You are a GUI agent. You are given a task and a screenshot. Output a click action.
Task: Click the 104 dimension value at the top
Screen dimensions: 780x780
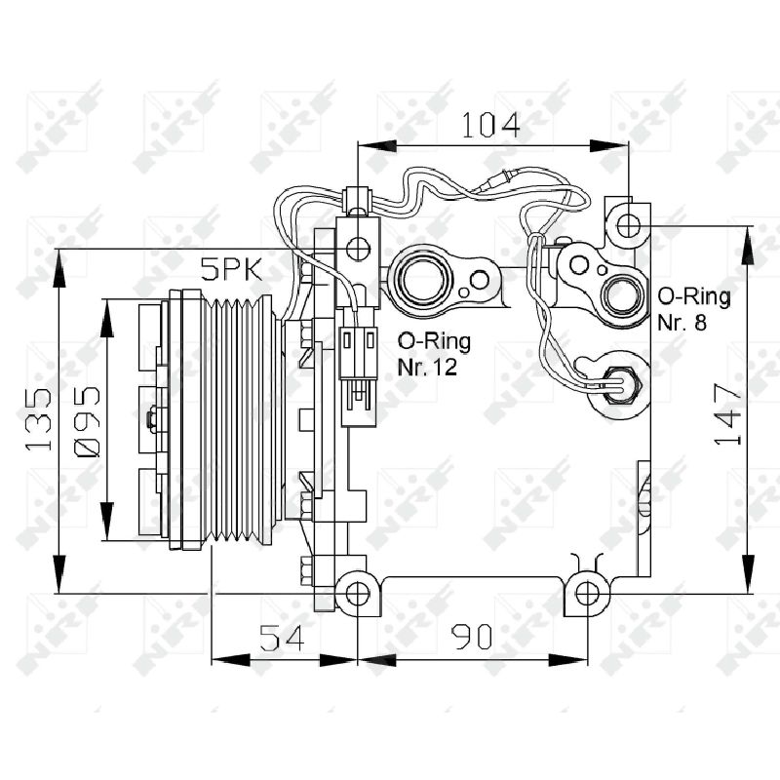click(x=491, y=125)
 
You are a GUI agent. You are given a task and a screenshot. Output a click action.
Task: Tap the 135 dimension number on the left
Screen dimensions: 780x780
click(x=39, y=420)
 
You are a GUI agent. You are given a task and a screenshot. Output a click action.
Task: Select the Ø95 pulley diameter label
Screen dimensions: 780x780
click(x=87, y=421)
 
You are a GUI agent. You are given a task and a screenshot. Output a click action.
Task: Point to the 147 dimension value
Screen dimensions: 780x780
click(x=728, y=413)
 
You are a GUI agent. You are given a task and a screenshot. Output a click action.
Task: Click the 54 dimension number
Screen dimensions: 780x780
click(x=282, y=638)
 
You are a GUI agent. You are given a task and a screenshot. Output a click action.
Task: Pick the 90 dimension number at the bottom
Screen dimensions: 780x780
click(x=472, y=637)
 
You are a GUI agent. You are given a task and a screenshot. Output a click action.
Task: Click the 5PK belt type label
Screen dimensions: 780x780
click(x=231, y=270)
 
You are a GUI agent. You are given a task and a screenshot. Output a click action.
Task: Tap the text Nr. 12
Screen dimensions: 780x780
click(x=427, y=368)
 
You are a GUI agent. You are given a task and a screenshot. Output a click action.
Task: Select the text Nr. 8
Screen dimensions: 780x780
click(x=682, y=323)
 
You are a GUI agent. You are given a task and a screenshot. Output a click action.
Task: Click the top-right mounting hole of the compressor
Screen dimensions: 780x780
click(x=628, y=226)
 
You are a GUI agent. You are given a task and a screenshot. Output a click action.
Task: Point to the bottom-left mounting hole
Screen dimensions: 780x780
click(x=357, y=594)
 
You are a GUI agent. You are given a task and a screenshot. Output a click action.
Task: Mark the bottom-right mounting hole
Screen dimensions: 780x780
click(x=587, y=594)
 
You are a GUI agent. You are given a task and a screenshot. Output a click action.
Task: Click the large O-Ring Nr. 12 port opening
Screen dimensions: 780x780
click(x=423, y=279)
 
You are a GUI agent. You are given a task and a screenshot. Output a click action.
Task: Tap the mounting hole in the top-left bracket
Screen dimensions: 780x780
click(x=358, y=248)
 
